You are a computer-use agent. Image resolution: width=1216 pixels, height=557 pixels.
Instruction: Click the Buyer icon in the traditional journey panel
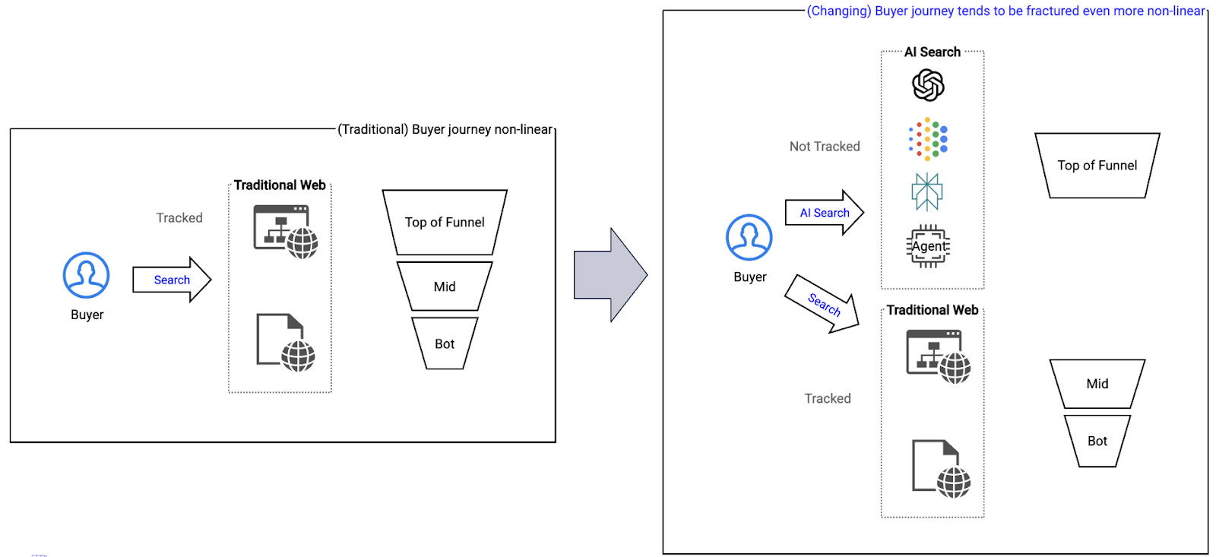[x=86, y=275]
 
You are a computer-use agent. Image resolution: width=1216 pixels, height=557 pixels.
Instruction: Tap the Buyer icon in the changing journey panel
[x=749, y=237]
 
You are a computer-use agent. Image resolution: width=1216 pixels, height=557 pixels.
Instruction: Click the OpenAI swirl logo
[x=928, y=85]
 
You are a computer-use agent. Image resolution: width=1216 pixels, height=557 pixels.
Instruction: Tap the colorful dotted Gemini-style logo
[x=928, y=139]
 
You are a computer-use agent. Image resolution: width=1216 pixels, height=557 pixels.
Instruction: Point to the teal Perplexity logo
[x=927, y=191]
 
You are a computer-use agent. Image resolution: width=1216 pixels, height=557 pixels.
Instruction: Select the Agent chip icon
[x=929, y=246]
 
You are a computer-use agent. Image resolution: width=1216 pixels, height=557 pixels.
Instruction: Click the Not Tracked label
[x=825, y=147]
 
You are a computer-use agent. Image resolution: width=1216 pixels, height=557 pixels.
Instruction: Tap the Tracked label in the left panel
[x=179, y=218]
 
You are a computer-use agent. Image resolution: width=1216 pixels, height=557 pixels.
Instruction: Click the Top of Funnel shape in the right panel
[x=1097, y=166]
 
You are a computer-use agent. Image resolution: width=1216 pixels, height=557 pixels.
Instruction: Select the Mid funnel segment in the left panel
[x=445, y=286]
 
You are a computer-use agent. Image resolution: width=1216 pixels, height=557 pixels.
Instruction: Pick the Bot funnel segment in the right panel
[x=1097, y=441]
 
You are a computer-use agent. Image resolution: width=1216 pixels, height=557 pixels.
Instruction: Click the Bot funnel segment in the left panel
[x=445, y=343]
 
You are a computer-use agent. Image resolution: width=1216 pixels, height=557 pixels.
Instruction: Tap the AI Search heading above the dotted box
[x=932, y=52]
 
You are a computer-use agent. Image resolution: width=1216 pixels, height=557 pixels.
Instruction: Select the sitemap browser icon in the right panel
[x=938, y=356]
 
